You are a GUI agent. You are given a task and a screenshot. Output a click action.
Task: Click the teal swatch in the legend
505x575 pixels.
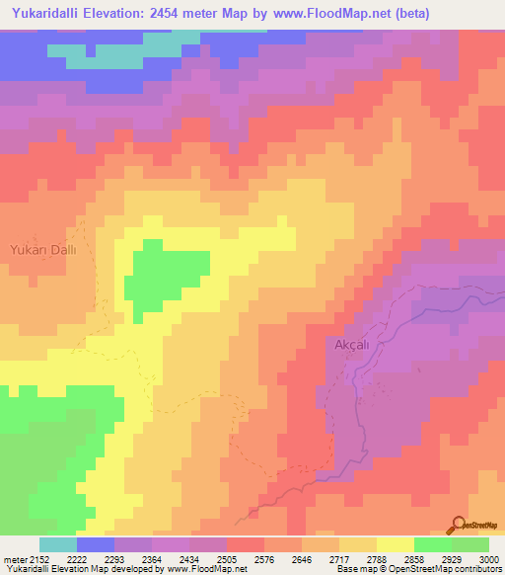coord(57,544)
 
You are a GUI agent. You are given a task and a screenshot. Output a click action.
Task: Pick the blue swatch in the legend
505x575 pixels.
coord(95,544)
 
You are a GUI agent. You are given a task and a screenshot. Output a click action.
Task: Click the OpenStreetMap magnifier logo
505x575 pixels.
coord(457,524)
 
